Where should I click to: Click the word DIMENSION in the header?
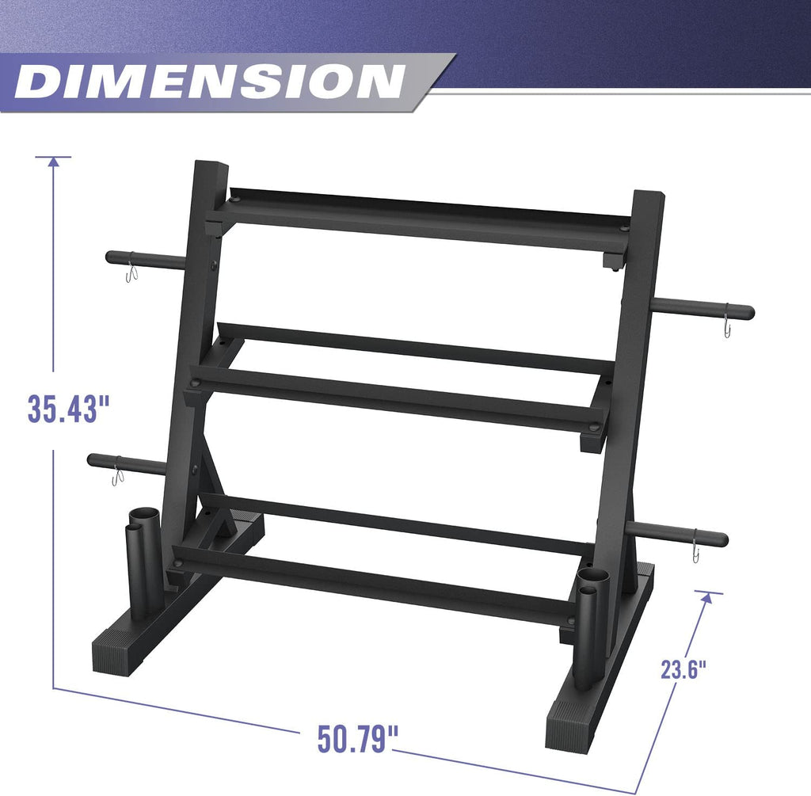pos(210,82)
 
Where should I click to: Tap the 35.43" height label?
pos(67,409)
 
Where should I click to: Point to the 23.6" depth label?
pos(683,669)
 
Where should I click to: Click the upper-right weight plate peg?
pos(702,310)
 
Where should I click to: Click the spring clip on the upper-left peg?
pos(132,273)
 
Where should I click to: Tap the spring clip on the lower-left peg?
pos(117,476)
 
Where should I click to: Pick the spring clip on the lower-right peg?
pos(695,549)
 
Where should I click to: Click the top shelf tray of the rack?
pos(420,218)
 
